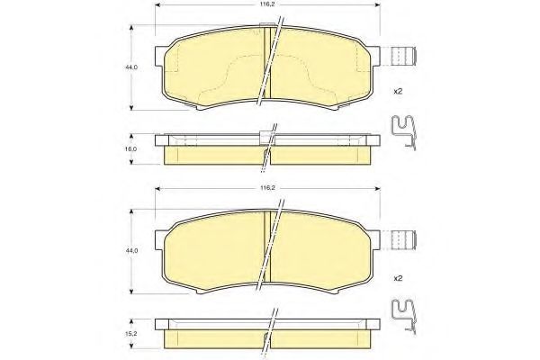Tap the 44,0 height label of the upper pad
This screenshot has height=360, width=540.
[131, 67]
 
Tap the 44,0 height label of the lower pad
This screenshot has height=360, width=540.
[131, 251]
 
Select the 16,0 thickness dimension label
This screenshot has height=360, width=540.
[131, 149]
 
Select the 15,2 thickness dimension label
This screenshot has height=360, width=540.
[131, 334]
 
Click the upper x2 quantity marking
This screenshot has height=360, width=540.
[398, 91]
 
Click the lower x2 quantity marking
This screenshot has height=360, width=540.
[398, 278]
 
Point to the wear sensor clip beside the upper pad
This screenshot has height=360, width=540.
[405, 56]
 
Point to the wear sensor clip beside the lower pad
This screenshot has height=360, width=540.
[405, 239]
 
